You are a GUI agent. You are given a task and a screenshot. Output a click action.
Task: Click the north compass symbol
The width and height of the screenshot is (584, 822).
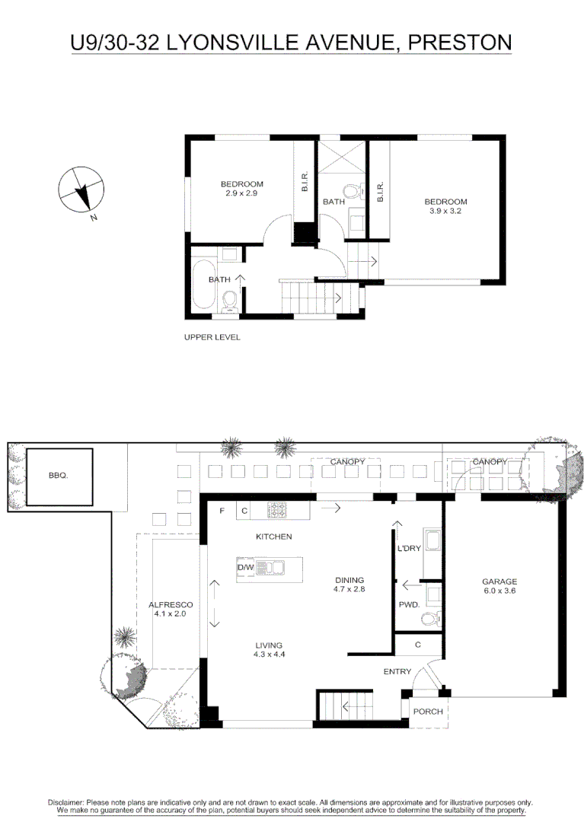(82, 190)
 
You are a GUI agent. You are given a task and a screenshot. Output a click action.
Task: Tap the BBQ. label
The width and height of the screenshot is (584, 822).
(58, 476)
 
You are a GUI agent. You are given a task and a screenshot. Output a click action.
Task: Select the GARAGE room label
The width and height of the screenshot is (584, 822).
(499, 582)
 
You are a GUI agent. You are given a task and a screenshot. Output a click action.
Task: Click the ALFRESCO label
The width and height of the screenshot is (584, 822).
(168, 604)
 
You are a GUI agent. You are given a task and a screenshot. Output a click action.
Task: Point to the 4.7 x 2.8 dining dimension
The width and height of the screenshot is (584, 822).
(349, 589)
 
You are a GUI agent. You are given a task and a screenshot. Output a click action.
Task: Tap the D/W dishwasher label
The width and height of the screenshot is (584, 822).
(245, 568)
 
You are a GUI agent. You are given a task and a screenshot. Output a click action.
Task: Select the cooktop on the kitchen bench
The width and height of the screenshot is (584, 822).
(276, 511)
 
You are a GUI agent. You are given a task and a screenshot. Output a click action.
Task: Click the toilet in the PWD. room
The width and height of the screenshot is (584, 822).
(431, 618)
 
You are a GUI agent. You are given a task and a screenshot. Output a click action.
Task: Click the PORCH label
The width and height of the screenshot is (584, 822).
(427, 712)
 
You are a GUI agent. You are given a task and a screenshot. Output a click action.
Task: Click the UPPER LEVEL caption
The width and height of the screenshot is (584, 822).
(212, 337)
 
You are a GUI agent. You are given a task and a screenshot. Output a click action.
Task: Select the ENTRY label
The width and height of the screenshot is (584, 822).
(397, 671)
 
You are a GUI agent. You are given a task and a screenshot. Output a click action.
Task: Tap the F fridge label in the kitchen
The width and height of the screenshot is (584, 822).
(222, 511)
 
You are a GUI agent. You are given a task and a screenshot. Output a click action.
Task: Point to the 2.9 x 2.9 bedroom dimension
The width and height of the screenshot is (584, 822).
(241, 194)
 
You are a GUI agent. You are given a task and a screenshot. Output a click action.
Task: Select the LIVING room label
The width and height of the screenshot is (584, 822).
(269, 645)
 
